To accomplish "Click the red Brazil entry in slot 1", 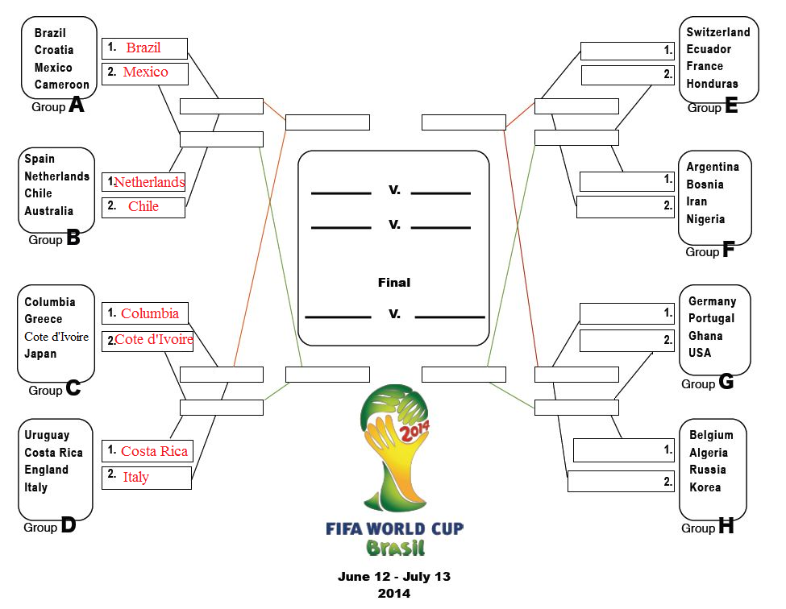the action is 143,48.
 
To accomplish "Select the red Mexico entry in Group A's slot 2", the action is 145,72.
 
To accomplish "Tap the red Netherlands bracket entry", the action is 149,182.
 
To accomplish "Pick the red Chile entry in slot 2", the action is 143,206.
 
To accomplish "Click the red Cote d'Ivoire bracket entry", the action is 154,340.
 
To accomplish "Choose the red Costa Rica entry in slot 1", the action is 155,451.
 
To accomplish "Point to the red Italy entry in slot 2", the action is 136,477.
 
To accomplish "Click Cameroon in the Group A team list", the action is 61,85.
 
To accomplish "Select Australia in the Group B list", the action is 48,211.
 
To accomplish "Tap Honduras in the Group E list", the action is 712,84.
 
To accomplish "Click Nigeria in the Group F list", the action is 705,219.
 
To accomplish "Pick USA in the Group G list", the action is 699,353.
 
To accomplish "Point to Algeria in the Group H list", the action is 709,453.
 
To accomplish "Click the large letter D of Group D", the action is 69,525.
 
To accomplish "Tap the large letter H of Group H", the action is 726,525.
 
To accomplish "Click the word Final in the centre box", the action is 394,283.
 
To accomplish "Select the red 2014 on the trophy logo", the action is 414,431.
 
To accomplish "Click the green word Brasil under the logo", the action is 395,548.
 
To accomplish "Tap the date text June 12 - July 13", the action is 394,577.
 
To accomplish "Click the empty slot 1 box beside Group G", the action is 626,313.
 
